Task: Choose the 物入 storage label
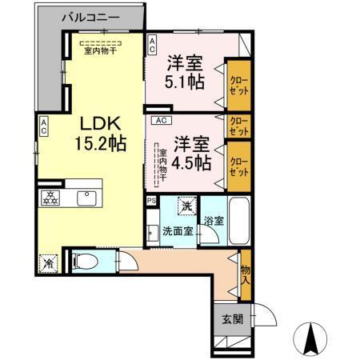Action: point(245,276)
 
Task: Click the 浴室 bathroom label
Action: point(212,220)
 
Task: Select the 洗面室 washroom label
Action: point(178,231)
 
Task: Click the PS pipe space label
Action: point(151,202)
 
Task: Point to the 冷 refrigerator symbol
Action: point(48,261)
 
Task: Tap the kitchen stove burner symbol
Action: point(50,198)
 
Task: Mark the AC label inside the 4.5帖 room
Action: point(160,120)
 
